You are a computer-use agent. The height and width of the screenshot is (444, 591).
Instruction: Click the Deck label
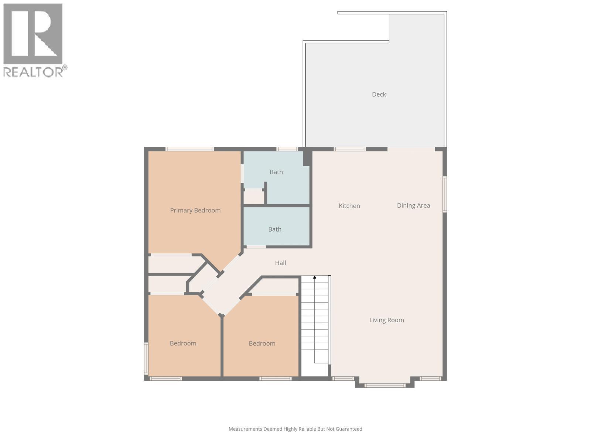379,94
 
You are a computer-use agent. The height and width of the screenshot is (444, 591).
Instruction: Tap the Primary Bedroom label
195,211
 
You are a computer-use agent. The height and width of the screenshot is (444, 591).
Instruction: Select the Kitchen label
349,206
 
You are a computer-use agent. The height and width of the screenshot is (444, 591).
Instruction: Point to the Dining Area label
413,206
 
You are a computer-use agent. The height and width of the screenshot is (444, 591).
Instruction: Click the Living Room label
386,320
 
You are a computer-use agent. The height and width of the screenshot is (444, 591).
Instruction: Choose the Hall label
280,263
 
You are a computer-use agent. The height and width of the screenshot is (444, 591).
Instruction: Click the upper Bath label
276,172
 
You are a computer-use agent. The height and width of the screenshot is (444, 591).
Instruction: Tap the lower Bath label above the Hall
274,229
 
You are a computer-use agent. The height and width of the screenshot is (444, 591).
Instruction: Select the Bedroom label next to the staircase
262,343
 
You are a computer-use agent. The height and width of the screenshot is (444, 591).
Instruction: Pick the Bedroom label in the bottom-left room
183,343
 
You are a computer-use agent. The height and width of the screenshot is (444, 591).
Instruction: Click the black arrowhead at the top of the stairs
315,277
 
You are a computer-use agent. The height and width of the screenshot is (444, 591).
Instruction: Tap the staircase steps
315,322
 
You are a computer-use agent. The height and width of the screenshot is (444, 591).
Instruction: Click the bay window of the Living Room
385,386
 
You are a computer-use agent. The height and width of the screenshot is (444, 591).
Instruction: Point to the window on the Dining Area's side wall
445,194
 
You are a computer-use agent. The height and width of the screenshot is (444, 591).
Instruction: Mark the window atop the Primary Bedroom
189,149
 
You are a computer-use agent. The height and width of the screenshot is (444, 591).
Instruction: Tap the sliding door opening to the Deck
411,149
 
